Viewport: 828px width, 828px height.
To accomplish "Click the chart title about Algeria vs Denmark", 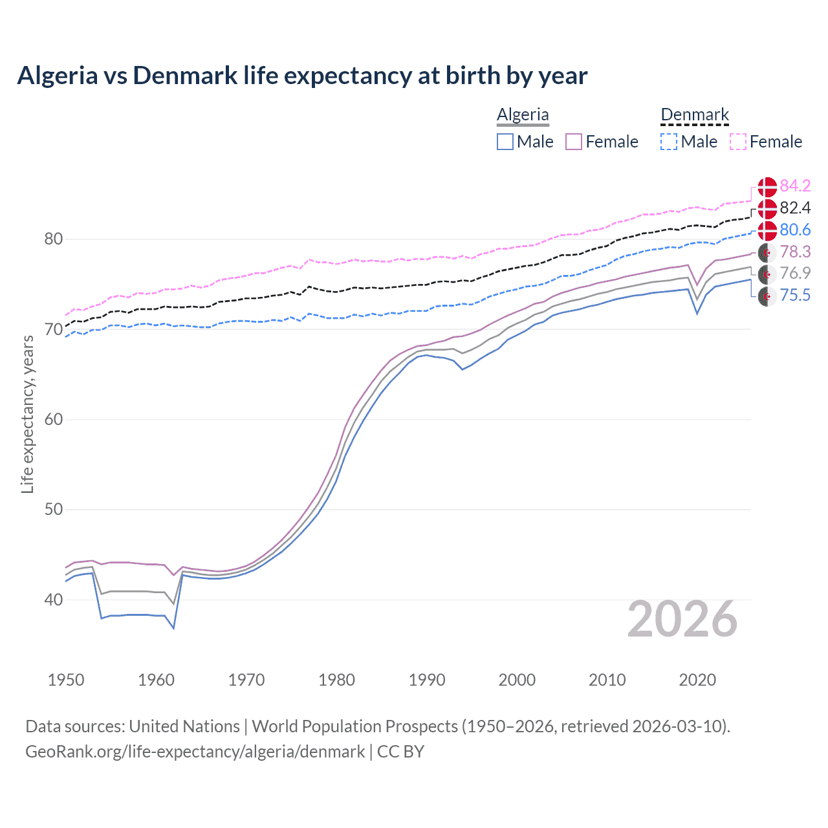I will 302,76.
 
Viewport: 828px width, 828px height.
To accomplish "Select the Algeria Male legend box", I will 505,142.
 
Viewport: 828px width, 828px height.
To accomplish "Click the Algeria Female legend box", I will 574,142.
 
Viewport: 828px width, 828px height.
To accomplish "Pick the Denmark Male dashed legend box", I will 669,142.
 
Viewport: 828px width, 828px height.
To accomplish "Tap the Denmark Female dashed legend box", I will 738,142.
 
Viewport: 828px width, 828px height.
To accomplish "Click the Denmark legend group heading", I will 695,114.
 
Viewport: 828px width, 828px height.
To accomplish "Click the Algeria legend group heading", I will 523,114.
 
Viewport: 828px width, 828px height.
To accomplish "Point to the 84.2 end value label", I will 795,186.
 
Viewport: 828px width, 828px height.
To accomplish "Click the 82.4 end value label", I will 795,208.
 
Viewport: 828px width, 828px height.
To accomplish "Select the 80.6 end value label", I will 795,230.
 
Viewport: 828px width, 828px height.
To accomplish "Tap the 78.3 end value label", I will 795,252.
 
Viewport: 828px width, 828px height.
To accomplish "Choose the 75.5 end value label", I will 795,296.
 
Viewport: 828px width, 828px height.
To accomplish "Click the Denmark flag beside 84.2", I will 767,186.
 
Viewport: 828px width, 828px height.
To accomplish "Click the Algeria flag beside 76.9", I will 767,274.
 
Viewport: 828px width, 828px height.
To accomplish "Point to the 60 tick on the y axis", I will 54,419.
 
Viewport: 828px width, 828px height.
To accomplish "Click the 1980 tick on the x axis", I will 336,680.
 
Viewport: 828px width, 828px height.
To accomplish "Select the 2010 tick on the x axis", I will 607,680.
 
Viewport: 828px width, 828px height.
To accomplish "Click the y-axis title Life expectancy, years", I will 27,414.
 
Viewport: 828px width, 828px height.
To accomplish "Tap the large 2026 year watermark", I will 682,619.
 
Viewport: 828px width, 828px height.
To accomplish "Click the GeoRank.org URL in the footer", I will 195,751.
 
